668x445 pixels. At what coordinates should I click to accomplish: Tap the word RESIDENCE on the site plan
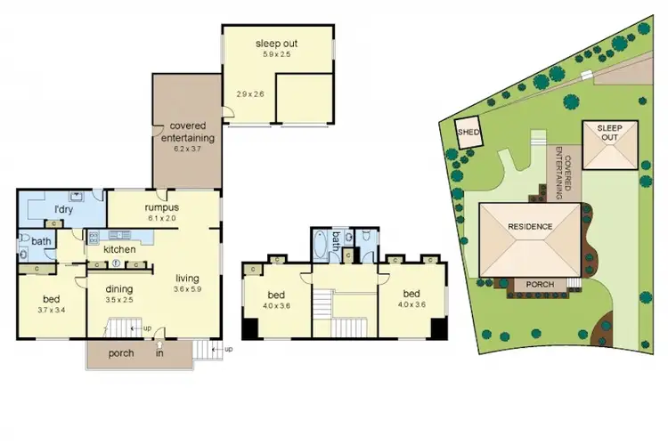[530, 226]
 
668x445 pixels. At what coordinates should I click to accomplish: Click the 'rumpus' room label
[163, 207]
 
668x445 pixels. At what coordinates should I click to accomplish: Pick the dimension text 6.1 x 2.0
[163, 218]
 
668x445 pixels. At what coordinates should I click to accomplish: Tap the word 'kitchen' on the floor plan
[119, 249]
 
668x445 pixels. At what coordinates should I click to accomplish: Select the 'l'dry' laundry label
[63, 209]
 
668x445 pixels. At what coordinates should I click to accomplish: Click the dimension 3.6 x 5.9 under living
[188, 289]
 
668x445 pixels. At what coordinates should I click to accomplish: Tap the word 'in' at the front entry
[159, 353]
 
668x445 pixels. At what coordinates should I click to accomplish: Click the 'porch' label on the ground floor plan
[120, 353]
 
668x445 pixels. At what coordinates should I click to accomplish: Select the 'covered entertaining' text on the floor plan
[187, 133]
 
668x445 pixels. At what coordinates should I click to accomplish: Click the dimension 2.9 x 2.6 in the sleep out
[250, 93]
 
